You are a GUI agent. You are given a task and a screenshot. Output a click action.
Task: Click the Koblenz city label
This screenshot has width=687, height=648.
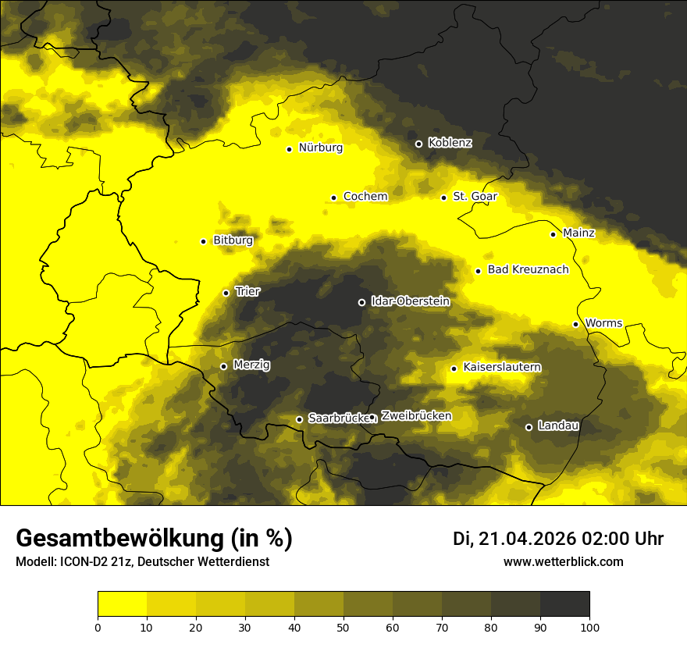click(450, 143)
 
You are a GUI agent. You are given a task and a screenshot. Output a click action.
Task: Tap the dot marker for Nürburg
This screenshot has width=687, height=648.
click(289, 149)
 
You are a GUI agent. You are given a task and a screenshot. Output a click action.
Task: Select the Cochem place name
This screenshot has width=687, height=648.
click(365, 197)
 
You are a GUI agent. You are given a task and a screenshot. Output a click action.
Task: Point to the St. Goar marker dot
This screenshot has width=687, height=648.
click(443, 198)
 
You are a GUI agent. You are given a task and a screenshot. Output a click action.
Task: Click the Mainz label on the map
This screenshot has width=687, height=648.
click(578, 233)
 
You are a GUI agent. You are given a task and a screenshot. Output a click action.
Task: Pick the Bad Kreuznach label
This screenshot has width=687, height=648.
click(528, 270)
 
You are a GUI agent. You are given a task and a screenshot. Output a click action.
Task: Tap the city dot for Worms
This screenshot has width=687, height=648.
click(575, 324)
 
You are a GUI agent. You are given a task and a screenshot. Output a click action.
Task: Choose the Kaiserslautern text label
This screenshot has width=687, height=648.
click(502, 368)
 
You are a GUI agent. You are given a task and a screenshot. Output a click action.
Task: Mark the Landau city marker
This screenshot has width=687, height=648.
click(529, 427)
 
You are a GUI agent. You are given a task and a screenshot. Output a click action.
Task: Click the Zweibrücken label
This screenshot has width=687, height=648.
click(416, 416)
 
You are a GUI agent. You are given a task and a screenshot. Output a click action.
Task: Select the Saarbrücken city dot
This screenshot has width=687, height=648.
click(299, 419)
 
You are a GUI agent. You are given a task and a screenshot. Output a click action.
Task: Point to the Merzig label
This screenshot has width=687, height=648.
click(251, 365)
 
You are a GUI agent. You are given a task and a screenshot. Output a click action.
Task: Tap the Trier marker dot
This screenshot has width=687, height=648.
click(226, 293)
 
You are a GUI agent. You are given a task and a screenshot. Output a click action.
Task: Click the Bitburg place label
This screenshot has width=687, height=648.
click(233, 240)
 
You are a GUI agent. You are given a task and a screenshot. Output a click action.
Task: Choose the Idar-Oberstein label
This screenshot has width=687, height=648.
click(411, 301)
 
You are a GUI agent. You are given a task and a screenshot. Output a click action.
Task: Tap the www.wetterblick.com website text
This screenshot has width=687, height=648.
click(564, 562)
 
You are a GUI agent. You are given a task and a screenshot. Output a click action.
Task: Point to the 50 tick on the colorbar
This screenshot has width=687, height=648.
click(343, 626)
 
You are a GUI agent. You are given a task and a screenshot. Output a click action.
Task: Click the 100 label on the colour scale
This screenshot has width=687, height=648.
click(589, 626)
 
